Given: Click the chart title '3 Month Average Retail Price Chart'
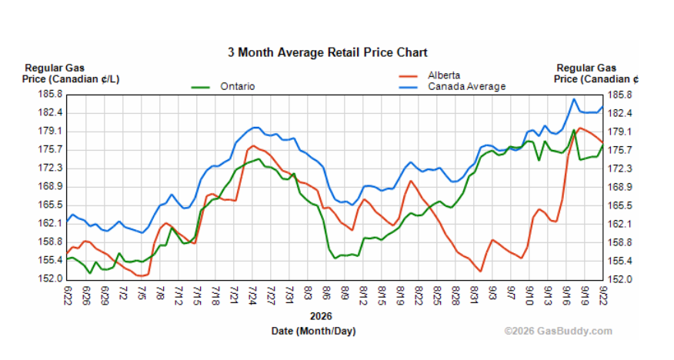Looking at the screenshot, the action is tap(328, 52).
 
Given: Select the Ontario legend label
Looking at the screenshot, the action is tap(237, 86).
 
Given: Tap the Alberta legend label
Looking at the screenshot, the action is tap(444, 75).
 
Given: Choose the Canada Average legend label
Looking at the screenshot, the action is tap(466, 86).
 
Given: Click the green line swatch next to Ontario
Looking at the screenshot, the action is tap(200, 87).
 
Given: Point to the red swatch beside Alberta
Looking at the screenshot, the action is tap(408, 76).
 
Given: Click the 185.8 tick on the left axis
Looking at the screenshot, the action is tap(50, 94).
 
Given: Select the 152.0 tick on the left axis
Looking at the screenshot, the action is tap(50, 278).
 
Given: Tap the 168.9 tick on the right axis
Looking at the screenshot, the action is tap(620, 187).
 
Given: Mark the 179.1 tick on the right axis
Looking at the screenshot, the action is tap(620, 132).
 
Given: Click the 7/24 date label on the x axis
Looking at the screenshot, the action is tap(252, 295).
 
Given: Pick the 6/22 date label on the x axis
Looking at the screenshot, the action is tap(68, 295).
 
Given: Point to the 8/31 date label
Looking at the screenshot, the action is tap(474, 295).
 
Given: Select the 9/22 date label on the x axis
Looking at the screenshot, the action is tap(602, 295).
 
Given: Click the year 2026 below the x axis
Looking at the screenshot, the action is tap(321, 317).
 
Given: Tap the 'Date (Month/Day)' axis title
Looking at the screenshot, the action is tap(314, 332).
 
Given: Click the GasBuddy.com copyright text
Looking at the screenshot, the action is tap(559, 332).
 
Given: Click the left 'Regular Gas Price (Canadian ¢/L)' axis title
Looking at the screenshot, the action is tap(71, 73).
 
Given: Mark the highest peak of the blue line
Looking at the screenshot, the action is tap(574, 99).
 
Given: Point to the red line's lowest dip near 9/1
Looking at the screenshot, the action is tap(480, 271).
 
